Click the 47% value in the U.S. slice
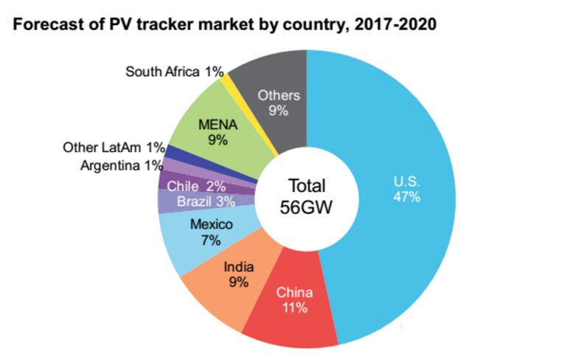click(406, 197)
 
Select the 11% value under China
click(294, 308)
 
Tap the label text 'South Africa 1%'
click(174, 72)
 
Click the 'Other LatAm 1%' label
click(114, 148)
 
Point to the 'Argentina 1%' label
click(121, 165)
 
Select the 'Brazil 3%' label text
click(196, 201)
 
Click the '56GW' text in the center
click(307, 207)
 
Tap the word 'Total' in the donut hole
click(307, 186)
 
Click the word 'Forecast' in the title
click(49, 24)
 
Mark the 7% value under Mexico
click(211, 240)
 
